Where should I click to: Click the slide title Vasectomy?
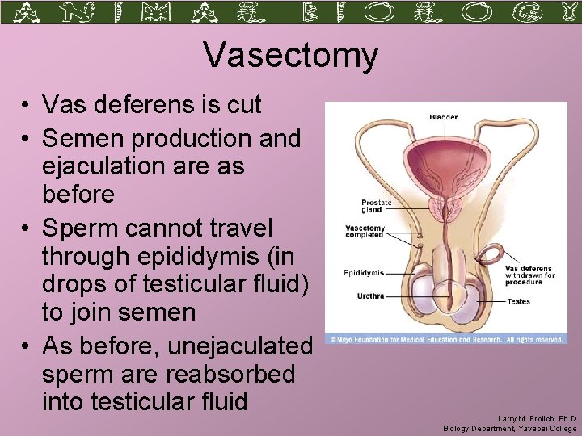[x=290, y=56]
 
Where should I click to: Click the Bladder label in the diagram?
[x=443, y=117]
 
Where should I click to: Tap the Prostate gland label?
[x=376, y=207]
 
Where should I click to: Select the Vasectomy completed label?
[x=365, y=232]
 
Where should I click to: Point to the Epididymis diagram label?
[x=364, y=273]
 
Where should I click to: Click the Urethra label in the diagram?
[x=370, y=296]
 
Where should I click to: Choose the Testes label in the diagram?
[x=518, y=301]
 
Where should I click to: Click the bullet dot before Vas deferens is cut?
[x=27, y=105]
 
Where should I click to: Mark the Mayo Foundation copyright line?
[x=445, y=340]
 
